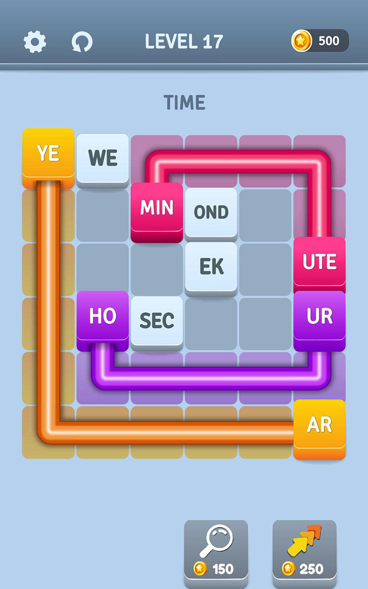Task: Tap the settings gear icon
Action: pyautogui.click(x=35, y=42)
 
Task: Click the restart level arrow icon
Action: pyautogui.click(x=82, y=42)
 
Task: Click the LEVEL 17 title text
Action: pyautogui.click(x=184, y=41)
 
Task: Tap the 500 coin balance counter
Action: pyautogui.click(x=320, y=41)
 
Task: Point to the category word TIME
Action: pyautogui.click(x=184, y=102)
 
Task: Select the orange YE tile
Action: pyautogui.click(x=48, y=154)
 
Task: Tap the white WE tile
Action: pyautogui.click(x=103, y=158)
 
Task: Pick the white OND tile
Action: pyautogui.click(x=211, y=212)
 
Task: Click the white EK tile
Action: pyautogui.click(x=211, y=266)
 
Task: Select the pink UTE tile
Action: pyautogui.click(x=319, y=263)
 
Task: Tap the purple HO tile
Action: pyautogui.click(x=103, y=317)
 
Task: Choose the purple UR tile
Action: pyautogui.click(x=319, y=317)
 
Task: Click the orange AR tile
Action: pyautogui.click(x=319, y=426)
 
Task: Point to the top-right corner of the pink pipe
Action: pyautogui.click(x=319, y=162)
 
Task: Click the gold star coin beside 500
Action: pyautogui.click(x=302, y=41)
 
